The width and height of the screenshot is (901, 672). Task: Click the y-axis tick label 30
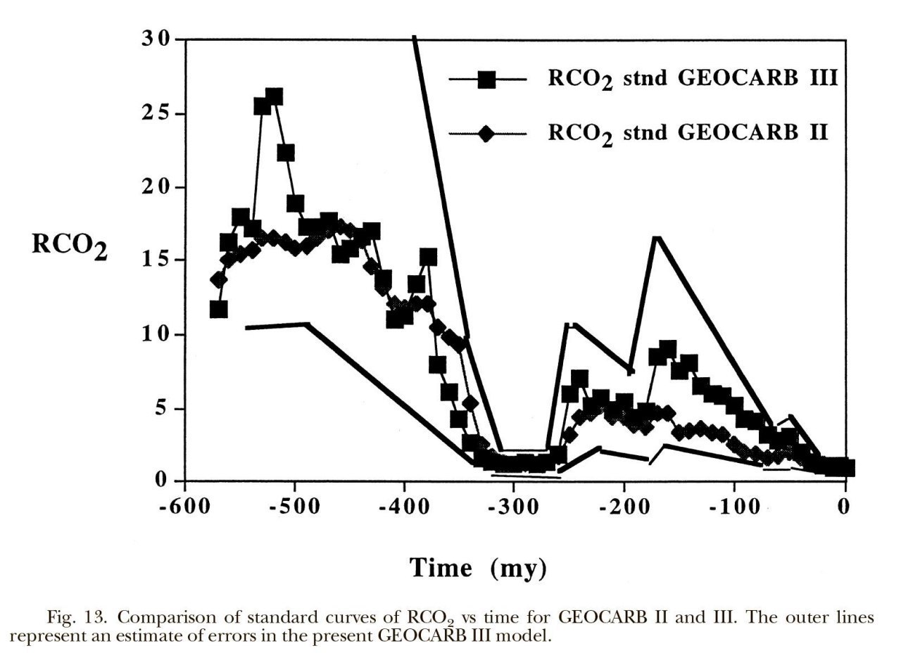pos(156,39)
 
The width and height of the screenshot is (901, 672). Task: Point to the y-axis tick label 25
pos(156,113)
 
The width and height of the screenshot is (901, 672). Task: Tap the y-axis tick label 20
pos(156,187)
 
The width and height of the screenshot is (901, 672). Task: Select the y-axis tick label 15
pos(156,260)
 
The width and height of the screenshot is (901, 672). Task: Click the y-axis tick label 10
pos(156,334)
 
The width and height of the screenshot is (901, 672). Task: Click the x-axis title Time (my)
pos(478,567)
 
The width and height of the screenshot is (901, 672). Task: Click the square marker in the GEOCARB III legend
pos(486,80)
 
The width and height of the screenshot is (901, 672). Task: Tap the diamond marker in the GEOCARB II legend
pos(486,133)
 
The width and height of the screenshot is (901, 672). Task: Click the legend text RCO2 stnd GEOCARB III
pos(693,79)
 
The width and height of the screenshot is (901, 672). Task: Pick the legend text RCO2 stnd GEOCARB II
pos(688,133)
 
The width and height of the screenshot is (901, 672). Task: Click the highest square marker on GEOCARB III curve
pos(275,96)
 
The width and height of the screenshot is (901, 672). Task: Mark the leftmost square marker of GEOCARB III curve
pos(218,309)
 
